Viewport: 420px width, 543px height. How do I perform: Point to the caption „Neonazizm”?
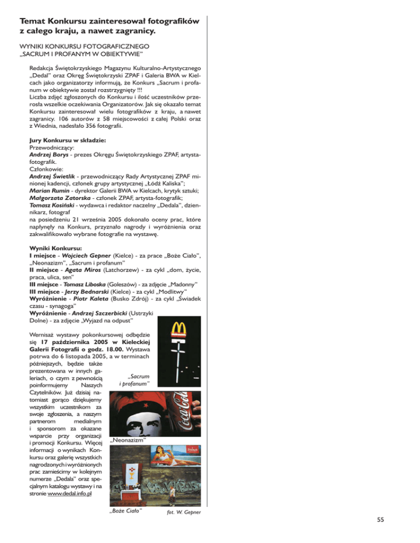click(x=127, y=440)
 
